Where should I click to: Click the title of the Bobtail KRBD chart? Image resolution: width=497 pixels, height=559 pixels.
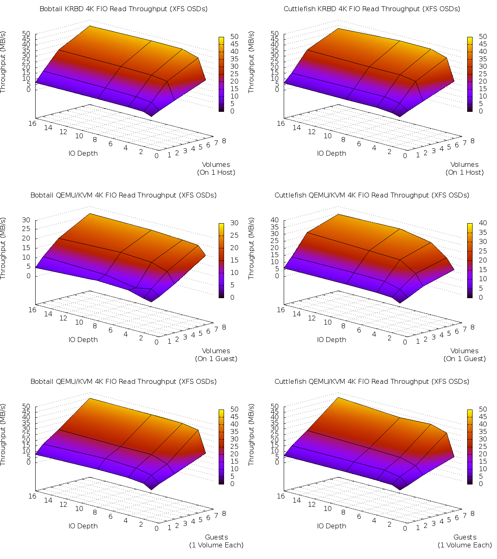coord(123,9)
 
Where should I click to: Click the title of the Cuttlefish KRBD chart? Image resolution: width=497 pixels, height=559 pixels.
coord(372,9)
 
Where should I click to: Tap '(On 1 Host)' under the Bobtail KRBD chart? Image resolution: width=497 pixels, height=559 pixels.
coord(216,172)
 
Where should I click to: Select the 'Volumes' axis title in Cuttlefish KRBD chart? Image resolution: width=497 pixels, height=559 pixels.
coord(464,164)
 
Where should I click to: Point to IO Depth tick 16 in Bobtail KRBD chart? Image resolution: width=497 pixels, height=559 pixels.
coord(32,123)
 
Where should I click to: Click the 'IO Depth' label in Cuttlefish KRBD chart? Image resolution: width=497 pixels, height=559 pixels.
coord(331,153)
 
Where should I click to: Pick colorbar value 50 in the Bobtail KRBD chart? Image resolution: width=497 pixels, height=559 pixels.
coord(234,36)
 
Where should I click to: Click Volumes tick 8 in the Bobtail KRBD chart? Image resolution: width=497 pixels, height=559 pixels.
coord(224,141)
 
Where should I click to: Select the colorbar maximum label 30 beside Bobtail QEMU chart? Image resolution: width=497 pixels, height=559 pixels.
coord(234,223)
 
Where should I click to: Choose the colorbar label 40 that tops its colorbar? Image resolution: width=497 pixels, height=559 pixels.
coord(483,223)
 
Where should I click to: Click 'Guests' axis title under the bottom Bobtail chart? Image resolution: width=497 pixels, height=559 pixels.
coord(216,537)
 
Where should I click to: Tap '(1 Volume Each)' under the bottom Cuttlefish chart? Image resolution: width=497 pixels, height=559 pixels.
coord(465,545)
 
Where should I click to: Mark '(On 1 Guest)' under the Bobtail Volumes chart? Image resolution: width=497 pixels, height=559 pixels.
coord(216,359)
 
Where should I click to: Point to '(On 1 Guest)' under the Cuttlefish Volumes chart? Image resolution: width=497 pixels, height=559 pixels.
coord(464,359)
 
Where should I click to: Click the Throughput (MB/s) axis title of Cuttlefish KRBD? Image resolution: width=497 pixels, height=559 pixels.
coord(251,62)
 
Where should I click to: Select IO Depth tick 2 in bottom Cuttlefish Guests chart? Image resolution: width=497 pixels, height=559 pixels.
coord(389,524)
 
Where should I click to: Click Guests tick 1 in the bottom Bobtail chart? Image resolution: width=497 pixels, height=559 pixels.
coord(169,528)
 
